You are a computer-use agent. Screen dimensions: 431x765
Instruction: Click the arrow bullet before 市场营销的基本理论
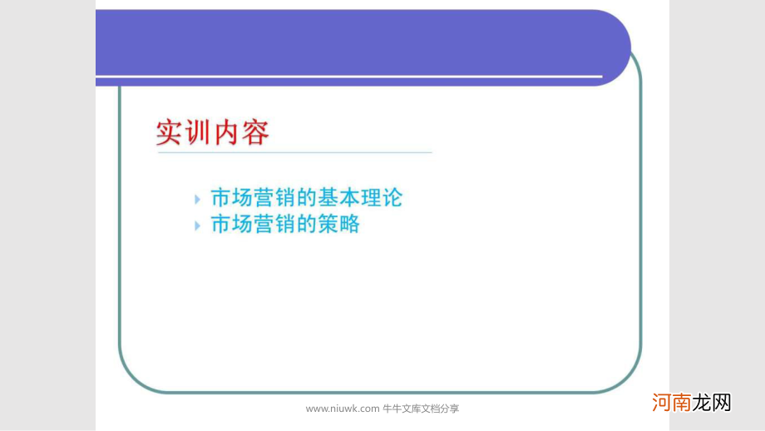tap(197, 199)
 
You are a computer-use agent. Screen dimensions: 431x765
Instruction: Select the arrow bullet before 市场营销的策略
tap(197, 225)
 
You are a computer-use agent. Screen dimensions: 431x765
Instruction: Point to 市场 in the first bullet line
tap(231, 198)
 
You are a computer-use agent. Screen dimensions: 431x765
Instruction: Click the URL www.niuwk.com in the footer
tap(342, 409)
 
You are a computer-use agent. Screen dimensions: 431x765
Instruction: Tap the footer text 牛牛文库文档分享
tap(421, 409)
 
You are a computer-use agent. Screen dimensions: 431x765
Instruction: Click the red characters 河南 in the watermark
tap(672, 403)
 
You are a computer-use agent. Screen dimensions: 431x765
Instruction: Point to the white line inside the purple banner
tap(349, 77)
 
